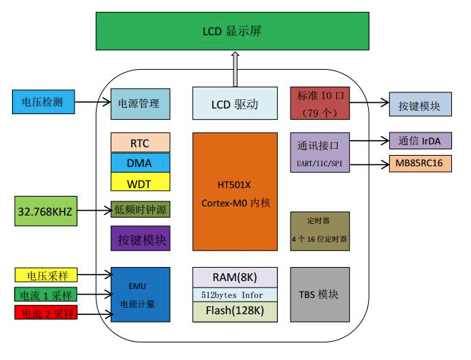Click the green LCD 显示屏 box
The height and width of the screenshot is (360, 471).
pos(234,32)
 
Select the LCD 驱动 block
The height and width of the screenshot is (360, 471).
pos(234,104)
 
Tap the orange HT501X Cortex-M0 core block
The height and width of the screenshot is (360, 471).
pos(234,190)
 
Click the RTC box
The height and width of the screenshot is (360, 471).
pos(140,143)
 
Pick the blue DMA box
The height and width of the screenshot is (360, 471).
pos(140,163)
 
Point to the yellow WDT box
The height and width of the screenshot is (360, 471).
pos(140,182)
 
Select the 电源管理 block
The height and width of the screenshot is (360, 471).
pos(140,104)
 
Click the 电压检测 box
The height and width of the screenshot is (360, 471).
pos(43,102)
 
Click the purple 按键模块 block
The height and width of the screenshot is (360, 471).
pos(140,238)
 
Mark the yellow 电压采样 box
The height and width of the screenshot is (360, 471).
pos(46,275)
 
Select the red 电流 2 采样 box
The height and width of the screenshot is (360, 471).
pos(46,313)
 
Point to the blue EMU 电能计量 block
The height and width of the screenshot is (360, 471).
pos(140,295)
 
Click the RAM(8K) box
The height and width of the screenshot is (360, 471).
pos(235,277)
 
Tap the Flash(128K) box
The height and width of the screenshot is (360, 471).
pos(235,311)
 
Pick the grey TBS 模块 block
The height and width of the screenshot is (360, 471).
pos(319,294)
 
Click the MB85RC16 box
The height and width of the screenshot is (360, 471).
pos(420,164)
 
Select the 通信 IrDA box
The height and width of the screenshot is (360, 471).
pos(420,141)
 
